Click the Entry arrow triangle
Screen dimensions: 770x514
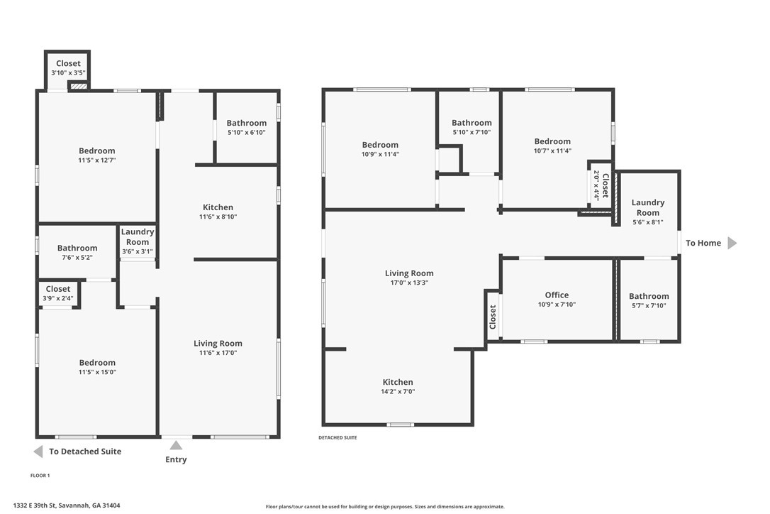tap(176, 446)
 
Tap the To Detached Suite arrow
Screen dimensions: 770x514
tap(38, 452)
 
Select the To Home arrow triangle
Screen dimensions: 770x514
tap(732, 243)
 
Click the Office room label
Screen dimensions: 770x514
tap(557, 295)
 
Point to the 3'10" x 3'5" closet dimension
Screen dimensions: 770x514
tap(68, 73)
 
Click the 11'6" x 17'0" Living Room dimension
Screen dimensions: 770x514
tap(218, 353)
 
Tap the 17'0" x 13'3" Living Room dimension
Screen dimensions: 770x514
tap(409, 283)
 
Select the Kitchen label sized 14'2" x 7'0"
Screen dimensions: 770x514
tap(398, 382)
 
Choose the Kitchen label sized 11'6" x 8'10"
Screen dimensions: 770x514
tap(218, 207)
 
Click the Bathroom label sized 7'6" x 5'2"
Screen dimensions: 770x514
tap(77, 248)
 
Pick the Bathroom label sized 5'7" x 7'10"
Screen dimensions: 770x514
tap(649, 296)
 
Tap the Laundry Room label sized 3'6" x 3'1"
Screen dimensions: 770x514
tap(138, 236)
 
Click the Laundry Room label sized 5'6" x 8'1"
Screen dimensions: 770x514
tap(648, 207)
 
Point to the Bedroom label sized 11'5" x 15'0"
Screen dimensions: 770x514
tap(97, 363)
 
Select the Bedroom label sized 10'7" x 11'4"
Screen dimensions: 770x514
tap(552, 142)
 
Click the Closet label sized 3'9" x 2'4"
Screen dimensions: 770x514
tap(58, 289)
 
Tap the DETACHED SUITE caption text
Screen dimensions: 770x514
tap(337, 438)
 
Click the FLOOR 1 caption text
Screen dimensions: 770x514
tap(40, 476)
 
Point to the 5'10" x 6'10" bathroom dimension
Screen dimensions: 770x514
tap(247, 132)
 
